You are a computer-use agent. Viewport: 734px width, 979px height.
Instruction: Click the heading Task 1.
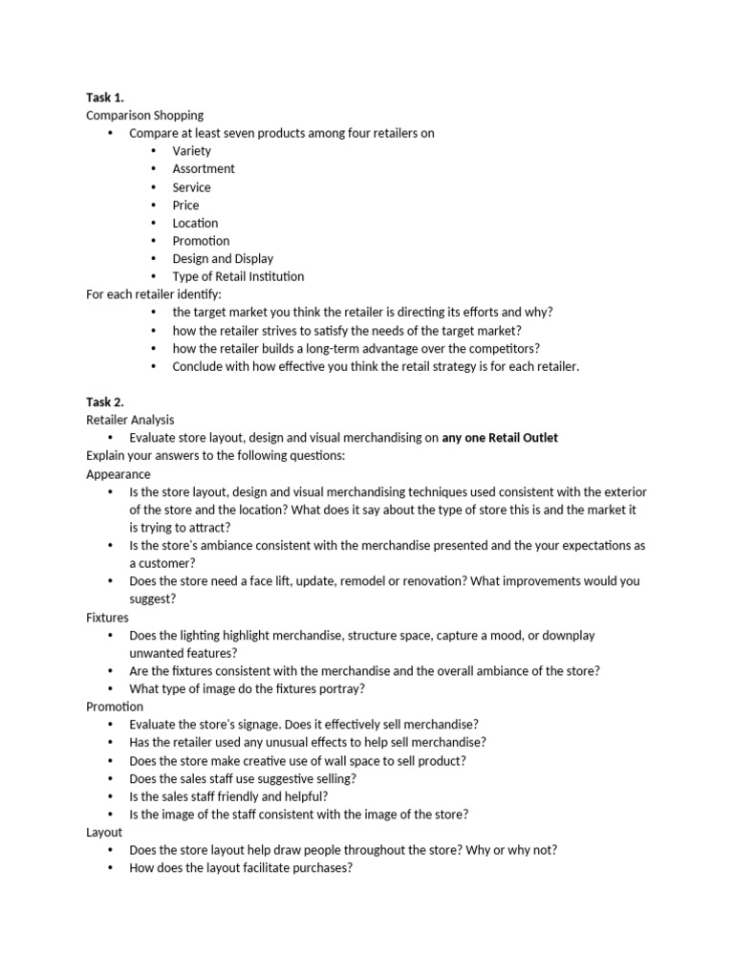[105, 97]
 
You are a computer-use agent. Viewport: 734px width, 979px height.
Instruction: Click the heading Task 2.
[105, 402]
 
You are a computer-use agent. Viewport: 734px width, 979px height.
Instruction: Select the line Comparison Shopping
[144, 115]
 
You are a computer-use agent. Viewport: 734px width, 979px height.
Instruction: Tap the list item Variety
[192, 151]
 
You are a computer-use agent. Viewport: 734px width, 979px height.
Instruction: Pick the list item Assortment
[204, 169]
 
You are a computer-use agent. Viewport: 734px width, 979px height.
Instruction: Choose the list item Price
[185, 206]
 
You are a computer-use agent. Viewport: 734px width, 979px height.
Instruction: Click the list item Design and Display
[223, 259]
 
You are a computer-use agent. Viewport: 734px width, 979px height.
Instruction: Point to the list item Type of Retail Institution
[238, 277]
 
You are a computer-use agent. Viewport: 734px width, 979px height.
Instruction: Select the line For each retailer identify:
[153, 294]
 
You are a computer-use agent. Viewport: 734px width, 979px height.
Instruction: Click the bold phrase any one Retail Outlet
[500, 438]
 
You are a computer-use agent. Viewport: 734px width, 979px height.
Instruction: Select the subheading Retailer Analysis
[130, 420]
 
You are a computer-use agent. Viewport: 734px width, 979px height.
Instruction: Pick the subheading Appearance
[119, 474]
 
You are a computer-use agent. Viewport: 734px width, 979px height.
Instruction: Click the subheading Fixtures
[107, 618]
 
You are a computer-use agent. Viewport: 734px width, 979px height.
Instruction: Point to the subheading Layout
[104, 833]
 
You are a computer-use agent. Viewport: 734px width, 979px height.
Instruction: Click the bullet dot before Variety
[155, 151]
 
